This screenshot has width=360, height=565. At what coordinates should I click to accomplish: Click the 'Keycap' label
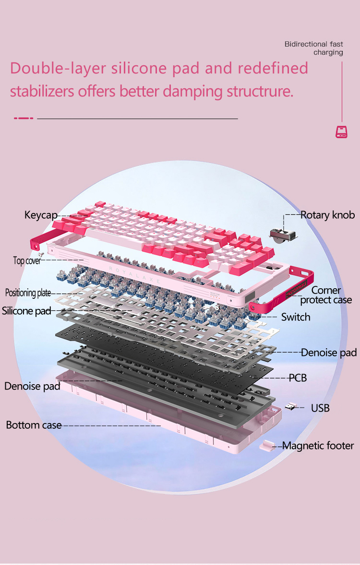tap(41, 215)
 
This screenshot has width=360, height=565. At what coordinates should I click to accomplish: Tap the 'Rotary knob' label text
tap(327, 215)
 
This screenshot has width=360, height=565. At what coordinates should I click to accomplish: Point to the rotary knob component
tap(284, 234)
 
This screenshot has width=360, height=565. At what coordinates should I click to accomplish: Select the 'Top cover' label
tap(27, 260)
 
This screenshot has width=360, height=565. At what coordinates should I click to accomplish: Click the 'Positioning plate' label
tap(28, 293)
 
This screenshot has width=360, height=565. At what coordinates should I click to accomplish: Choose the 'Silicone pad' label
tap(26, 311)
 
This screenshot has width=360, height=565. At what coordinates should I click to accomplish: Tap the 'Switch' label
tap(296, 317)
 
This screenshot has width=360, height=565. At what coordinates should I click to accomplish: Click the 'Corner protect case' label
tap(326, 295)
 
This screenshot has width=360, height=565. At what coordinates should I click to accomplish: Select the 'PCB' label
tap(298, 377)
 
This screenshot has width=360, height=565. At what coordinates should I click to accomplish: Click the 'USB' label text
tap(320, 408)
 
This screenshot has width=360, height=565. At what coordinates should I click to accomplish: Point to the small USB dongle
tap(290, 407)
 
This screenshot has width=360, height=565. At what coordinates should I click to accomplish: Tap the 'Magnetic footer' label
tap(318, 446)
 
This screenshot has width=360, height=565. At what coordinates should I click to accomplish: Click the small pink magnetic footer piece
tap(267, 446)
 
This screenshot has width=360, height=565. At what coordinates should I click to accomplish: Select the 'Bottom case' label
tap(34, 425)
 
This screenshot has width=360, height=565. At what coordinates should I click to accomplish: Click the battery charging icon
tap(341, 132)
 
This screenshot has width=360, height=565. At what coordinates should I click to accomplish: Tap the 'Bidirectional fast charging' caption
tap(314, 48)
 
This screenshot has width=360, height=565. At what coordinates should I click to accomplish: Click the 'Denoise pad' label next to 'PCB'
tap(329, 353)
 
